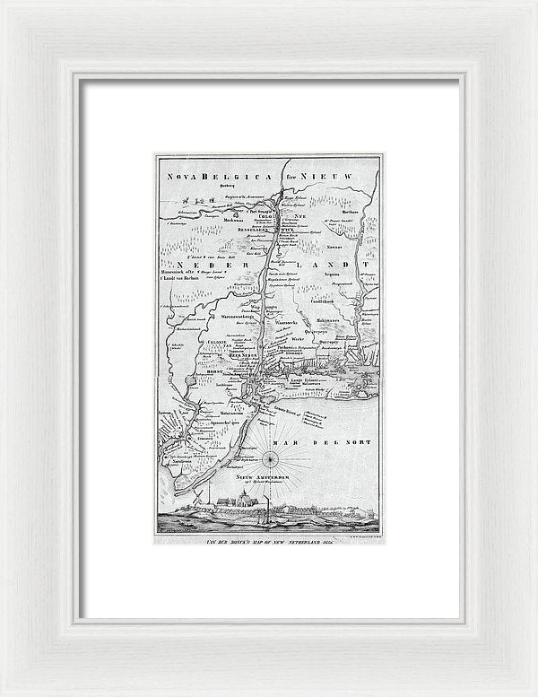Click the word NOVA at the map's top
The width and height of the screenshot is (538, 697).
pyautogui.click(x=178, y=177)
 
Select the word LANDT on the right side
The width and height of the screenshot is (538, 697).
pyautogui.click(x=336, y=266)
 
